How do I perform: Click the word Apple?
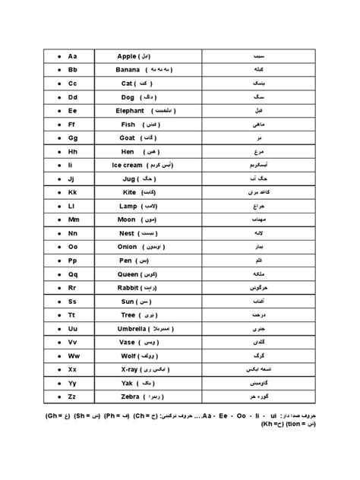127,56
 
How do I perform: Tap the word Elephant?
131,111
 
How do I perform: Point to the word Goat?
127,138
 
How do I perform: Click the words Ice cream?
126,166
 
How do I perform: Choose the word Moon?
126,220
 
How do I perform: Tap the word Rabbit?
128,289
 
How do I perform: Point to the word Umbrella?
131,330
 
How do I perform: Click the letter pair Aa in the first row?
73,56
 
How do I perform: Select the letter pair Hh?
73,152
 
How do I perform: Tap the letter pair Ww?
73,356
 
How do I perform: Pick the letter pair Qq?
73,275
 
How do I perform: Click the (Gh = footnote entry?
55,417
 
